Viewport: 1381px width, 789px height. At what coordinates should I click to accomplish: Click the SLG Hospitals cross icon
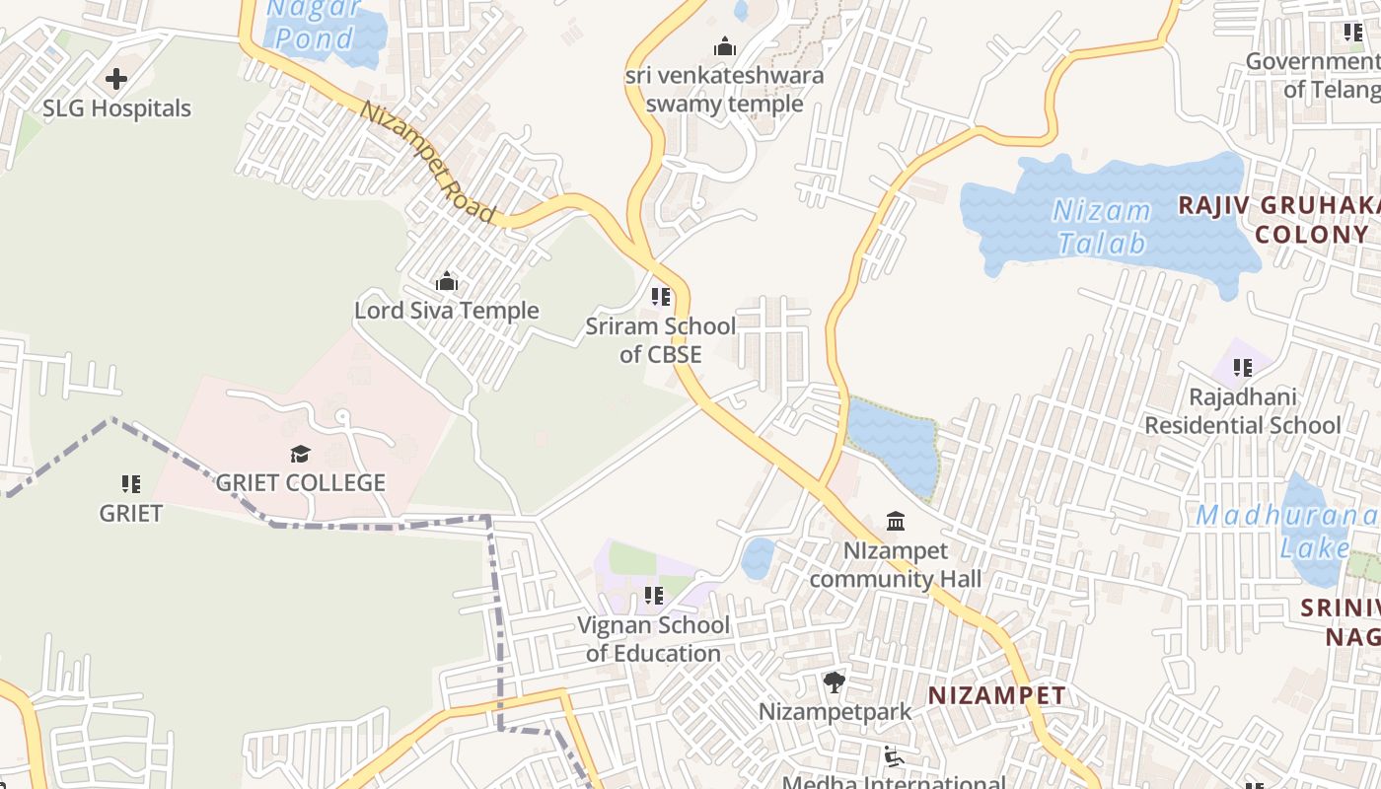(x=116, y=79)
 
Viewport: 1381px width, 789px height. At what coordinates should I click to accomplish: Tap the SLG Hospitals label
(x=116, y=108)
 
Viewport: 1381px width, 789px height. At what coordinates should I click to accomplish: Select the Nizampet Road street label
(x=427, y=162)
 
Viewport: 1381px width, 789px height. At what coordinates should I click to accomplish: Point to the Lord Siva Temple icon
(x=447, y=282)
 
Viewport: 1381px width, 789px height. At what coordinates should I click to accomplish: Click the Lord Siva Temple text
(x=447, y=311)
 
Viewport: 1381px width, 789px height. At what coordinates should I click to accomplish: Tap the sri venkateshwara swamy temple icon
(x=725, y=46)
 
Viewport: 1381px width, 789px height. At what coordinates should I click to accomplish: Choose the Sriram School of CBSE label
(x=661, y=340)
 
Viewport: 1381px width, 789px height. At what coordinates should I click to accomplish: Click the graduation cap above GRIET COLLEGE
(x=300, y=454)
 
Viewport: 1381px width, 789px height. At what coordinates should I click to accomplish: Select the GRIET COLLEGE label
(x=300, y=483)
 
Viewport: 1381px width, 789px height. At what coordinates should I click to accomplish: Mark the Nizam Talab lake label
(x=1102, y=227)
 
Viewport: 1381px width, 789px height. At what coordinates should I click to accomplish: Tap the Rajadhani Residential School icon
(x=1242, y=368)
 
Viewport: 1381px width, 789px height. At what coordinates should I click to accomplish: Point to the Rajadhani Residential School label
(x=1242, y=411)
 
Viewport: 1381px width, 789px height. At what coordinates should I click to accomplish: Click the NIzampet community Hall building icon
(x=896, y=521)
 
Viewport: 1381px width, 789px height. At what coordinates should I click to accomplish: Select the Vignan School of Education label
(x=653, y=639)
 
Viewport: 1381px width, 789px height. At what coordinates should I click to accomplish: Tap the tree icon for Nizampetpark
(x=835, y=681)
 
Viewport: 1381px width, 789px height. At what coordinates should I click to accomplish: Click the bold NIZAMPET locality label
(x=996, y=695)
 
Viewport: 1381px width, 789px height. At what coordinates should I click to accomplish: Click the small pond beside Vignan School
(x=757, y=558)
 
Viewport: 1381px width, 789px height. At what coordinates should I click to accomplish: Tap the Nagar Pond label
(x=314, y=25)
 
